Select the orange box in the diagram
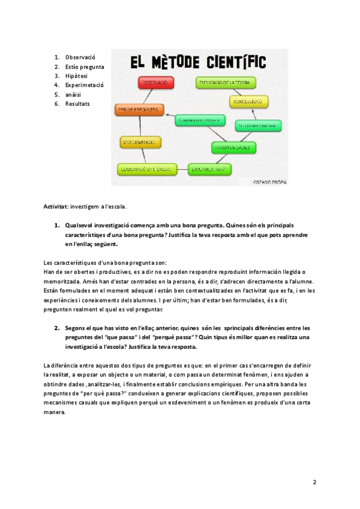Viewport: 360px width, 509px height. pos(139,110)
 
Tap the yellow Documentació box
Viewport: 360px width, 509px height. pos(139,142)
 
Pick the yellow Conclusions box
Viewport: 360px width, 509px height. pos(248,101)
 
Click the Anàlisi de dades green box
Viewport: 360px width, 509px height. pos(233,146)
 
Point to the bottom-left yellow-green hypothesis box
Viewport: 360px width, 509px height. pos(144,169)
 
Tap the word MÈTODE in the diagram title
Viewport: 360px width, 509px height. pos(172,62)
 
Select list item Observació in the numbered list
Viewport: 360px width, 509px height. pos(80,57)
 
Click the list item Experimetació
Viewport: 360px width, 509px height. pos(85,85)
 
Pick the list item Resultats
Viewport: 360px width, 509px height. pos(77,104)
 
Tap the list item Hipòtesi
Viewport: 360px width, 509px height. pos(76,76)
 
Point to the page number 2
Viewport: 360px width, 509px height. pos(315,483)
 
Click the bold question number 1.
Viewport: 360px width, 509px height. pos(56,226)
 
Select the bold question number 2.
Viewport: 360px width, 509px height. pos(56,328)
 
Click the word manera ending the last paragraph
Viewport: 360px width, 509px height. pos(55,413)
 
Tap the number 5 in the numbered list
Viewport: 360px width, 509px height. pos(56,94)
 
